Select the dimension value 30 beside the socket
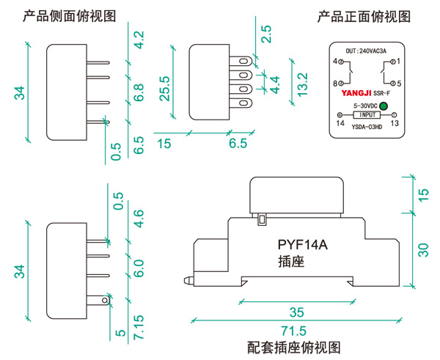tap(423, 249)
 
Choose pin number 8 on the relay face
tap(335, 84)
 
